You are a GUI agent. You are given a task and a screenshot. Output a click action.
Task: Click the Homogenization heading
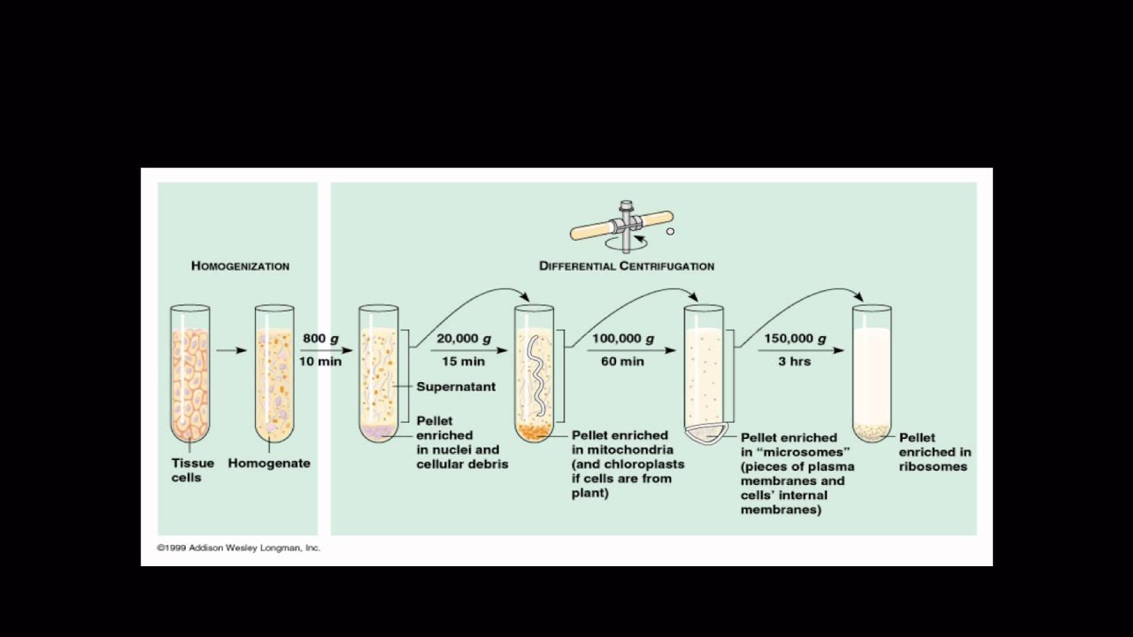click(240, 265)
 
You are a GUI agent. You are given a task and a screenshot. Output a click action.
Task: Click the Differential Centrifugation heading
click(627, 265)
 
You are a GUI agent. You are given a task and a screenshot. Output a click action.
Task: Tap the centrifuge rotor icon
click(622, 226)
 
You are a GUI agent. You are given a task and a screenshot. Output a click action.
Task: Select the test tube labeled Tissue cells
click(190, 373)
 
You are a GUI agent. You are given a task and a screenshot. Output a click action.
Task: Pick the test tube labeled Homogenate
click(274, 373)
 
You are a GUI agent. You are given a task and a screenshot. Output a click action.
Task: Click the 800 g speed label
click(320, 339)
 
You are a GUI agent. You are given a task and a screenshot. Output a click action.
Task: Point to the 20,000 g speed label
click(464, 339)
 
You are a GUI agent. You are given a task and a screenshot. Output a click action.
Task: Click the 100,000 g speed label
click(623, 339)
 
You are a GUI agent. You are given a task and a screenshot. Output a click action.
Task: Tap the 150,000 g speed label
click(794, 339)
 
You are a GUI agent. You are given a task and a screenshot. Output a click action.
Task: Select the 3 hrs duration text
click(794, 361)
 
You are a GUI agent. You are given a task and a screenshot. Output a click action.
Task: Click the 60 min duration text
click(623, 361)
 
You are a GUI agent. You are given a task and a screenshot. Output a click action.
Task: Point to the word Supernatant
click(456, 387)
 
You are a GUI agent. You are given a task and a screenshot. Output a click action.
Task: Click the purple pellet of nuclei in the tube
click(378, 432)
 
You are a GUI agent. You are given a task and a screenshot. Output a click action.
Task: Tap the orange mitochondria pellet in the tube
click(535, 432)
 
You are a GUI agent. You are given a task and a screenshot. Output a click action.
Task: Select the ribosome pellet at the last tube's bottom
click(871, 433)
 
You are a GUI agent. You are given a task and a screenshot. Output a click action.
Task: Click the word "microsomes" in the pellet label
click(796, 452)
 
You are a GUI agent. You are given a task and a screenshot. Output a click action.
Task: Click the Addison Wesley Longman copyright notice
click(239, 548)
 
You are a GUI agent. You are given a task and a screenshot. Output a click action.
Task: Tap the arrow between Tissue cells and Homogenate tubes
click(231, 350)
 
